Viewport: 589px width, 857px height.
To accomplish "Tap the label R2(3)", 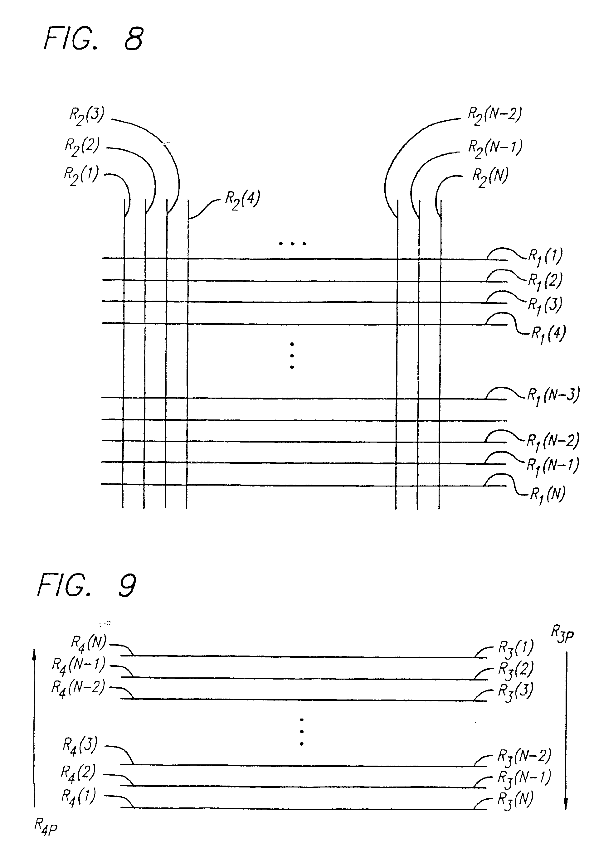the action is [87, 116].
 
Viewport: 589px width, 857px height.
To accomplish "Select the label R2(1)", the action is [81, 176].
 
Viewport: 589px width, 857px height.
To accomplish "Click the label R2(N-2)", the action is [495, 116].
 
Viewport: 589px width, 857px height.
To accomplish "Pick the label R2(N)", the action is [490, 177].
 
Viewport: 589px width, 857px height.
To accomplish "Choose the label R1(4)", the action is [548, 334].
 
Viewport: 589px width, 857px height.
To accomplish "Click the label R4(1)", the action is [78, 796].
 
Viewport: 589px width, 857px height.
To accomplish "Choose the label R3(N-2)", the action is [524, 757].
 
